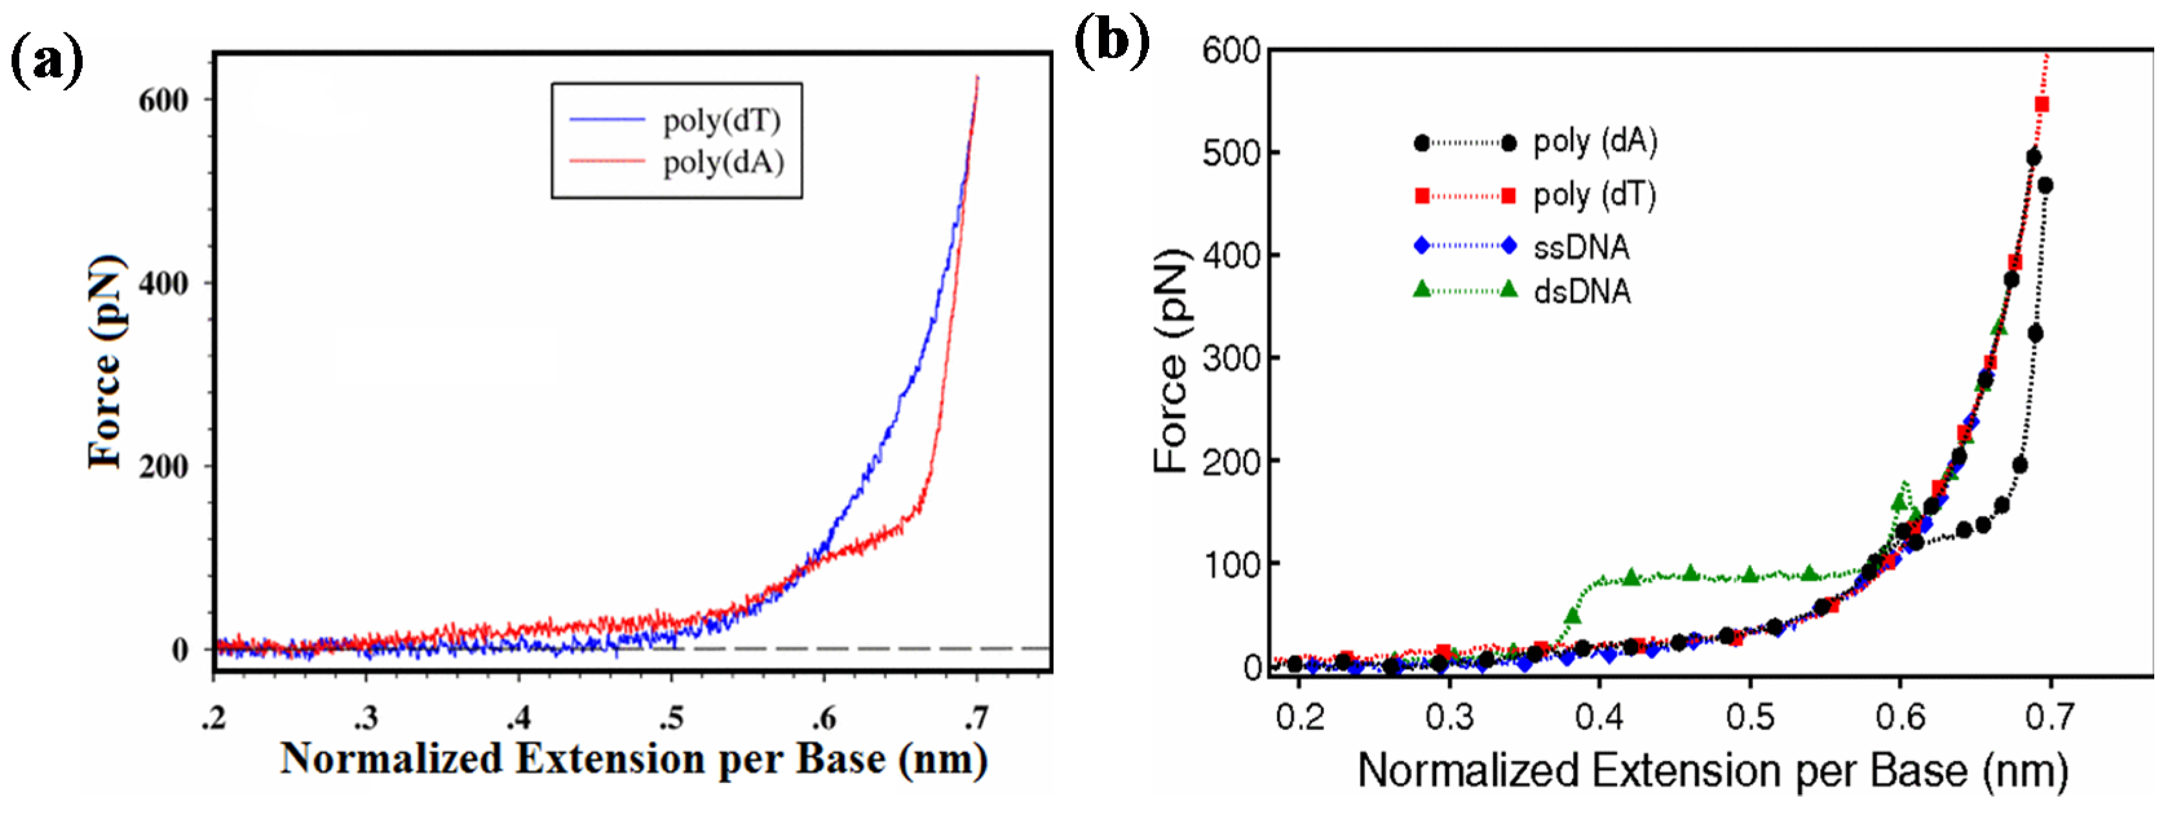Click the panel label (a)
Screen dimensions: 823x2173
(47, 61)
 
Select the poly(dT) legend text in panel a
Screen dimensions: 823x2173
(721, 121)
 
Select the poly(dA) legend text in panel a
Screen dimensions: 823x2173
(723, 161)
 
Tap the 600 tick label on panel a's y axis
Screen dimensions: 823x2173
(164, 100)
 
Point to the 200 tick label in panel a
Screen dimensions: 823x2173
(164, 466)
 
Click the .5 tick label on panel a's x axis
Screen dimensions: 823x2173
(672, 718)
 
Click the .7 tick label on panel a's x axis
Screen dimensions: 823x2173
(977, 718)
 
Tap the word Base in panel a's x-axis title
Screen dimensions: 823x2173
(840, 759)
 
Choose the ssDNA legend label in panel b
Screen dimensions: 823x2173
(1581, 247)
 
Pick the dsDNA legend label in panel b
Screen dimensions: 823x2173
(1582, 292)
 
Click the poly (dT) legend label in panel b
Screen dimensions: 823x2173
(1595, 195)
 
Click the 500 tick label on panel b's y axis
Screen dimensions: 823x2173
(1231, 153)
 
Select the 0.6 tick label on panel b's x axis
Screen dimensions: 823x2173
(1900, 718)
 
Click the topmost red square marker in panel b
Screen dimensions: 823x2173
(2041, 105)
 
